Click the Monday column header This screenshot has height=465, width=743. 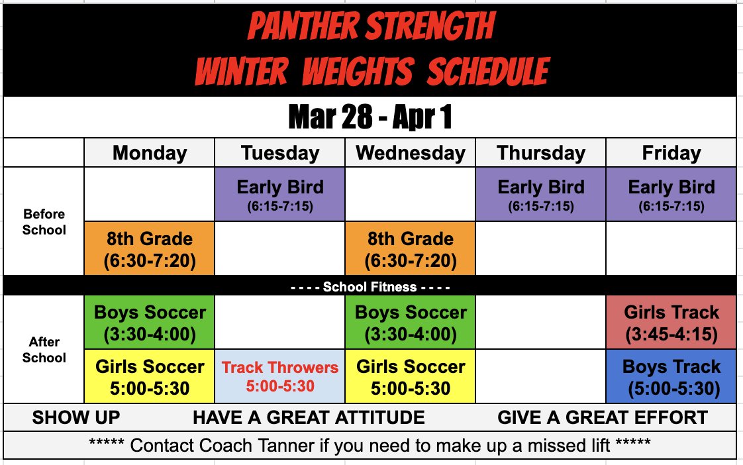click(x=149, y=153)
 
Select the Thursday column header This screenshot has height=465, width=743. click(x=541, y=153)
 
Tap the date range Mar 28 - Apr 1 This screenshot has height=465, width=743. click(x=370, y=117)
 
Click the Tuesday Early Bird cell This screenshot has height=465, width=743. click(x=280, y=194)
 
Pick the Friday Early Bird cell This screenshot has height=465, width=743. click(x=671, y=194)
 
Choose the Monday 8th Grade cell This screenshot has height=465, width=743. click(x=149, y=248)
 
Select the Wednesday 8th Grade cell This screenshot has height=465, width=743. click(x=410, y=248)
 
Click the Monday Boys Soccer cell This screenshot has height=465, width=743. click(x=149, y=322)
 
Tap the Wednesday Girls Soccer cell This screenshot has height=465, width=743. click(x=410, y=376)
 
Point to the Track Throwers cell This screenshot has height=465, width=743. click(x=280, y=376)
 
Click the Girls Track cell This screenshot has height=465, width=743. click(x=671, y=322)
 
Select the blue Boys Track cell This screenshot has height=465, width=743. click(x=671, y=376)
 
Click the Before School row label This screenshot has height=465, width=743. click(x=44, y=222)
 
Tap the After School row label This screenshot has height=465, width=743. click(x=44, y=350)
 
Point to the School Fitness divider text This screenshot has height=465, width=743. click(x=370, y=287)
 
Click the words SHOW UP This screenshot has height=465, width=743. click(x=76, y=417)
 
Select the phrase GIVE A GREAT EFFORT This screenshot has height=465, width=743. click(x=602, y=417)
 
